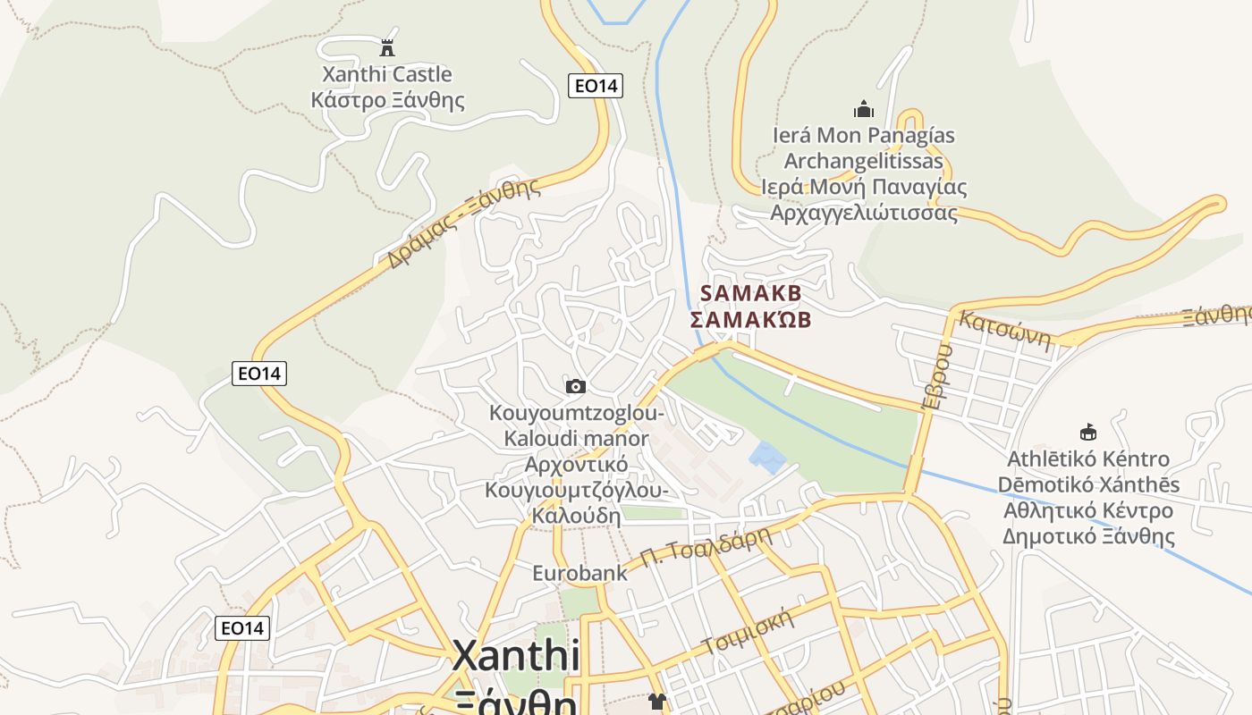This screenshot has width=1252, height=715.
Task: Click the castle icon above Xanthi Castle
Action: (387, 47)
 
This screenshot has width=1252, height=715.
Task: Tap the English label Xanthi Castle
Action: (387, 74)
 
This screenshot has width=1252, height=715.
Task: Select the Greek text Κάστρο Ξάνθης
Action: (387, 99)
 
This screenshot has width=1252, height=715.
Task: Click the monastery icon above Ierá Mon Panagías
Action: (864, 109)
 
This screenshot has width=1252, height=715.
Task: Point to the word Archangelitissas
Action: (864, 161)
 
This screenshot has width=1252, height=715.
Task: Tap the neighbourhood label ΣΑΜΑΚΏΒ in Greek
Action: (751, 319)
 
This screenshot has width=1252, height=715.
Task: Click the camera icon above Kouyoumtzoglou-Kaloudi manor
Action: (576, 386)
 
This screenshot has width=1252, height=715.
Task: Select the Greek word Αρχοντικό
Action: (576, 465)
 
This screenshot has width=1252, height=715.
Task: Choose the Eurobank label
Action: (580, 573)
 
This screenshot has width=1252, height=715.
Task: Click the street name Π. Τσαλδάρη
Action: (706, 548)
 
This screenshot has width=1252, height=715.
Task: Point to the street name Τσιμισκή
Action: (749, 631)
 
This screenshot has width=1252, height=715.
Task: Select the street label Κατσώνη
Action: (1003, 331)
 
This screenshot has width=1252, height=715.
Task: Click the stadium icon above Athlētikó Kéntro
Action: (1088, 433)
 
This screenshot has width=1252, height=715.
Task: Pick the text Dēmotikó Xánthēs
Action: (1088, 484)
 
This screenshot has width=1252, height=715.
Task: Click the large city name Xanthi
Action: (516, 655)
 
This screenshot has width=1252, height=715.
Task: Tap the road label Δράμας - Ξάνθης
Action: (464, 223)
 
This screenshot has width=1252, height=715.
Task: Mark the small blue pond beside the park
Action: (766, 458)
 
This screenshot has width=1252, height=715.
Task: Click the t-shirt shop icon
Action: (657, 702)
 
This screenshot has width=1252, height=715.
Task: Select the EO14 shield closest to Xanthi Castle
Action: (596, 86)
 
